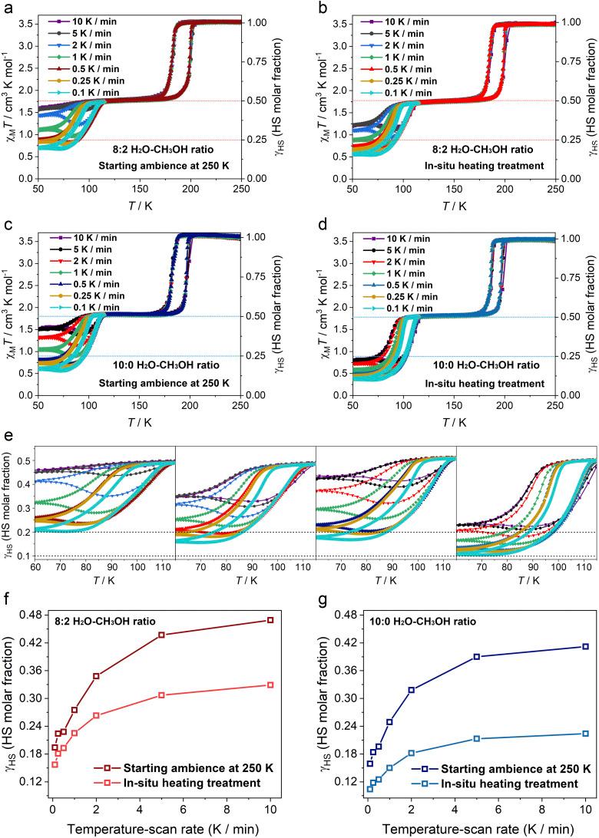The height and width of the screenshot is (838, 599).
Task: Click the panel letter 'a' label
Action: pos(8,8)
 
